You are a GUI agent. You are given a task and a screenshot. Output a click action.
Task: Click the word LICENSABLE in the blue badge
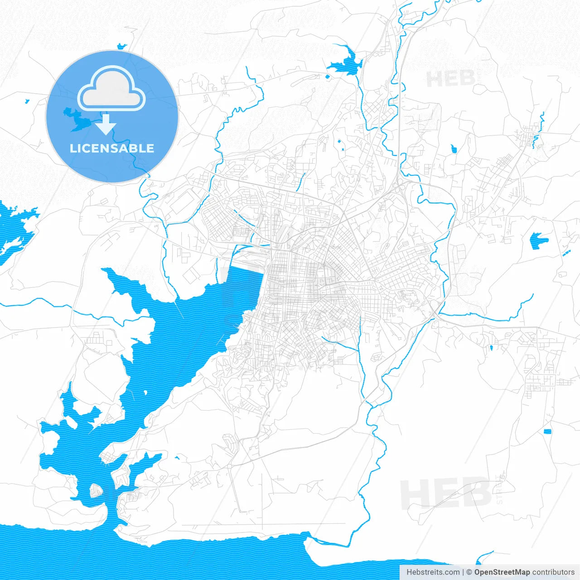[x=112, y=148]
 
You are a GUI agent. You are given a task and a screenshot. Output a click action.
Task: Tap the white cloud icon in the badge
[x=111, y=89]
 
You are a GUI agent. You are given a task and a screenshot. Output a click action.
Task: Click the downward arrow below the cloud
[x=106, y=125]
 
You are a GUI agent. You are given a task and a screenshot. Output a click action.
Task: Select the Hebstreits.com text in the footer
[x=433, y=572]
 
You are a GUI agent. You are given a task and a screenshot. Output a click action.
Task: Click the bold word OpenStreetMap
[x=502, y=572]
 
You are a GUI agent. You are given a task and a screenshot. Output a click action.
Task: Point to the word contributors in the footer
[x=553, y=572]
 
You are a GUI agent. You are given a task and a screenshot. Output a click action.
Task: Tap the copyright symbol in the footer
[x=469, y=572]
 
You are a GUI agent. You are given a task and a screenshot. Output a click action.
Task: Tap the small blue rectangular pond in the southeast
[x=547, y=431]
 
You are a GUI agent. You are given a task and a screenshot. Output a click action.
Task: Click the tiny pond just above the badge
[x=121, y=46]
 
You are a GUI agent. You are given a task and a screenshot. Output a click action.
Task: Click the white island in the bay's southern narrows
[x=97, y=490]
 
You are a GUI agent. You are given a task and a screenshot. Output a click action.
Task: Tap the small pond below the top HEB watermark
[x=454, y=148]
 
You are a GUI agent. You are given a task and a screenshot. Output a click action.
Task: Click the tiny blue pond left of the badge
[x=27, y=101]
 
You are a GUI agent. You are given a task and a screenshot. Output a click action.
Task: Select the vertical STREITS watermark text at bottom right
[x=500, y=489]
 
